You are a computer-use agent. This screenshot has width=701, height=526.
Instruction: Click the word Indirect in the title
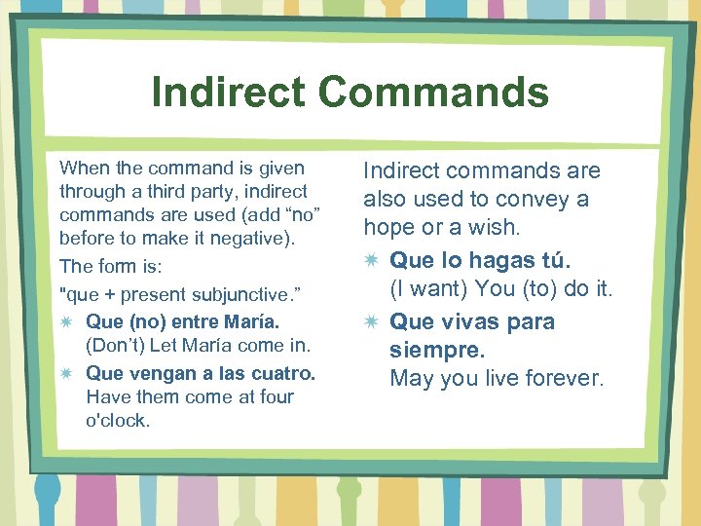228,93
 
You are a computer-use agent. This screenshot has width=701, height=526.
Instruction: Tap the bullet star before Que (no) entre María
66,321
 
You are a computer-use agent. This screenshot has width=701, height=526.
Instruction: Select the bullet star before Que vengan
66,373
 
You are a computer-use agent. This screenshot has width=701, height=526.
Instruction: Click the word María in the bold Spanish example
249,321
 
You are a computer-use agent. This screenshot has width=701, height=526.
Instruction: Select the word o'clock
118,421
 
